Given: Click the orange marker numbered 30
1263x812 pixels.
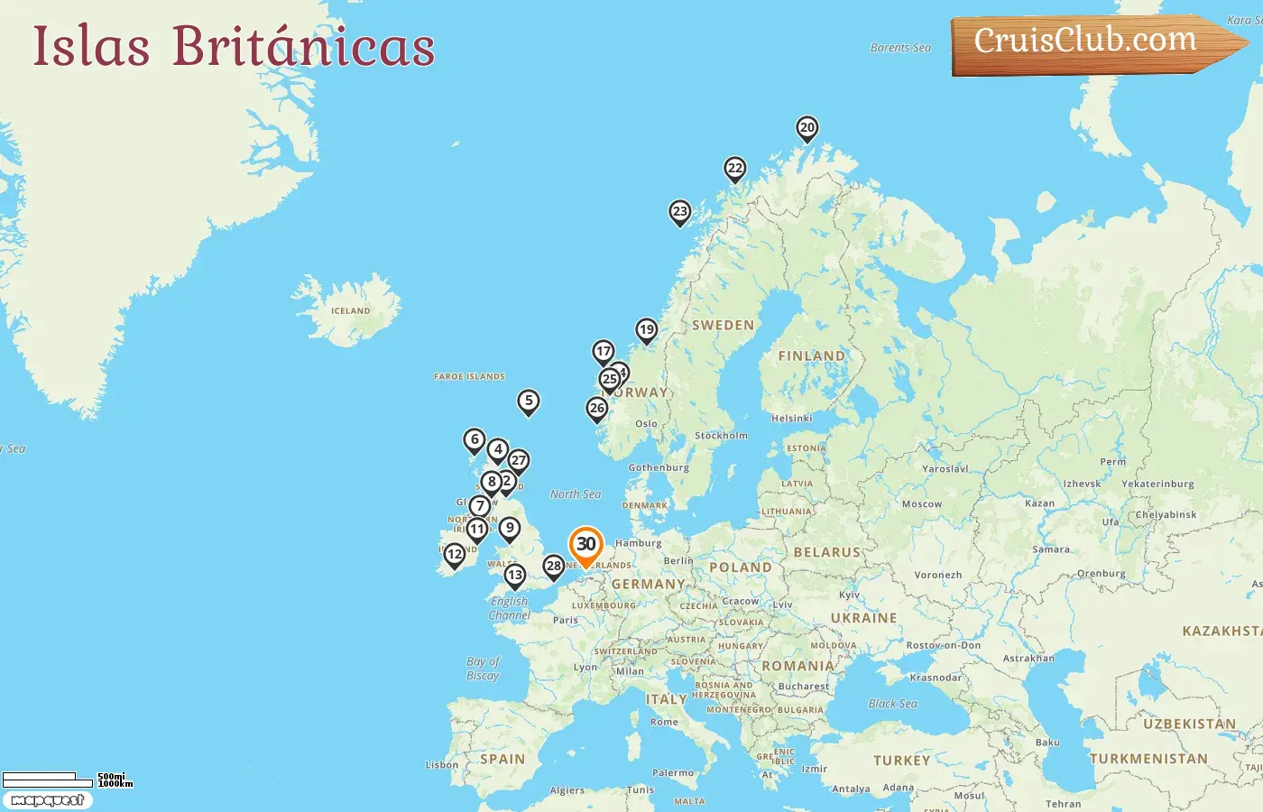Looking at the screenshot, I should point(585,545).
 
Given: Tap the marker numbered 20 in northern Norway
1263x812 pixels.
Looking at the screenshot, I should point(807,128).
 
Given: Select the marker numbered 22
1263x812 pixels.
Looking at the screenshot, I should point(735,169).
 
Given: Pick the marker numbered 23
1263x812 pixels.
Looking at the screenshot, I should point(680,212).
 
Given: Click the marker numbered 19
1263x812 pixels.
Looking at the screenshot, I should point(646,330).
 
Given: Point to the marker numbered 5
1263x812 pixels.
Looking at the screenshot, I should point(529,401).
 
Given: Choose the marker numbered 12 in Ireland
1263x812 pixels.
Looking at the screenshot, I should point(455,555).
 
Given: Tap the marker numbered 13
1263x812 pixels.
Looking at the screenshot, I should point(514,576).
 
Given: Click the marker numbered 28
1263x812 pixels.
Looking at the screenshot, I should point(554,567).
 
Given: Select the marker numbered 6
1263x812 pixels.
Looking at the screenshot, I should point(475,440).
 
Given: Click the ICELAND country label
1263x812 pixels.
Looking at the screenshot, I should point(350,311).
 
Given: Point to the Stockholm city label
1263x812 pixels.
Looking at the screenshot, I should point(721,436).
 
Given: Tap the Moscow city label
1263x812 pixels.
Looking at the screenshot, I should point(921,504).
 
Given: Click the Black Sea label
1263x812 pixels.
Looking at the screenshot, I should point(892,704).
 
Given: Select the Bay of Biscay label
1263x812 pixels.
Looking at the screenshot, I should point(484,669).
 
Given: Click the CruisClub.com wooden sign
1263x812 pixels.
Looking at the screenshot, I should point(1086,42).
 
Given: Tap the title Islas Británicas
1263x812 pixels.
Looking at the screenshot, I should point(234,46).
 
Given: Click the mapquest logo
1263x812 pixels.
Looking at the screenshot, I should point(47,800).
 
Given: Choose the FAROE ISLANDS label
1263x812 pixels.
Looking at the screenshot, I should point(469,377).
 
